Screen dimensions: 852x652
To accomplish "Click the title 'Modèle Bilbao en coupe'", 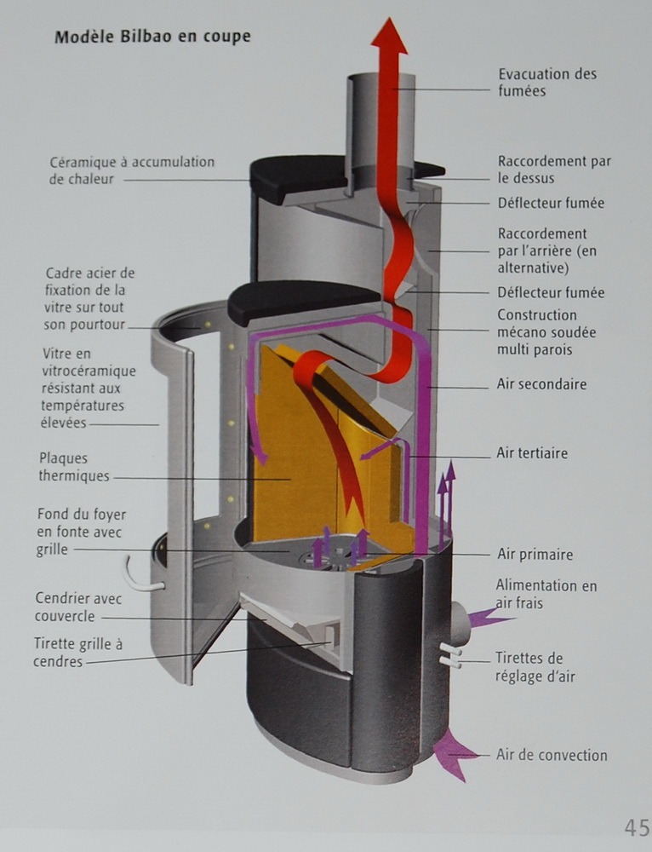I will coord(152,37).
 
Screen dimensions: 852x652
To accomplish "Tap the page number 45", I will coord(636,827).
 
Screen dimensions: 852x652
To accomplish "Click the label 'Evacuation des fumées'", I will coord(547,82).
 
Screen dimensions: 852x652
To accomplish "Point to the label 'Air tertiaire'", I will coord(532,453).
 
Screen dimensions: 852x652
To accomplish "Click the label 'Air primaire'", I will coord(535,555).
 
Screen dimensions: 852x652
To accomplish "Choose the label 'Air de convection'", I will coord(552,755).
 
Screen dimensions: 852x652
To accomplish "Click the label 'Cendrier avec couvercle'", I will coord(78,607).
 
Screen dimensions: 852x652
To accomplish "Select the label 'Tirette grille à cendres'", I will coord(78,653).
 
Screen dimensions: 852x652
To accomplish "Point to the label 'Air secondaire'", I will coord(541,385).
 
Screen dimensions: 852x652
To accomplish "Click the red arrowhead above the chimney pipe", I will coord(389,36).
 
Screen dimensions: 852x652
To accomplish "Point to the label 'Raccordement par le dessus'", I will coord(554,170).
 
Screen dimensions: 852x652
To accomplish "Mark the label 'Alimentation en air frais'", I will coord(546,595).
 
